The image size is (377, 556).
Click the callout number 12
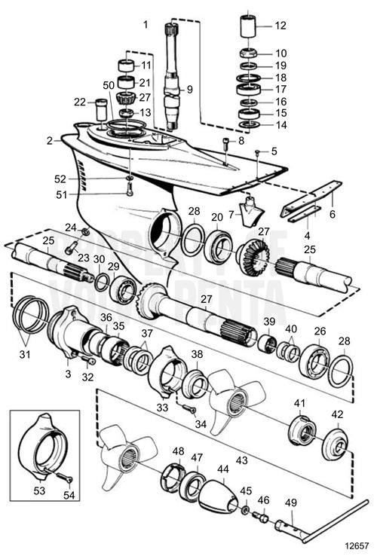tap(280, 25)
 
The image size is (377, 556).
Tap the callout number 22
tap(79, 102)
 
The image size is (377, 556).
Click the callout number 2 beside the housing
tap(49, 140)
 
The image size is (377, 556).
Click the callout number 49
tap(290, 502)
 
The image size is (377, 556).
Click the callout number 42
tap(336, 414)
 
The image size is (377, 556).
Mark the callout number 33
tap(161, 408)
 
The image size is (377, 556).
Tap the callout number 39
tap(269, 321)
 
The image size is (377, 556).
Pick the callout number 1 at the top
tap(146, 25)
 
